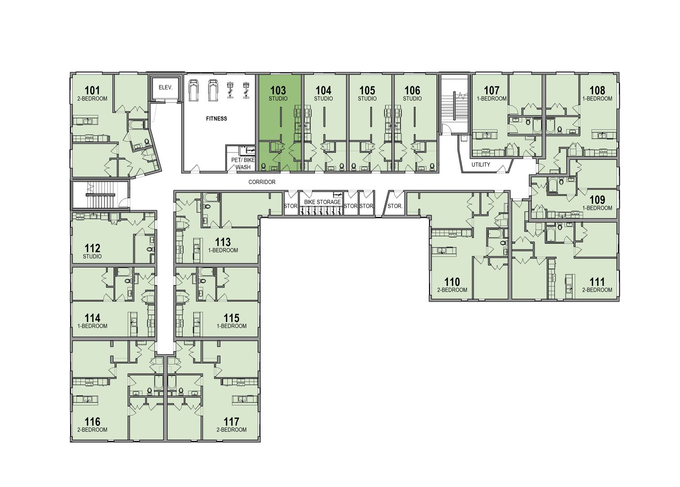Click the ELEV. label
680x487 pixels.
pos(163,87)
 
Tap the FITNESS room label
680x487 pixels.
pos(216,119)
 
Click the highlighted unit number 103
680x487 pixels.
pos(278,90)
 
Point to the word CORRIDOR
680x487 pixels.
pos(262,182)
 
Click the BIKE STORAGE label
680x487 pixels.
pos(322,202)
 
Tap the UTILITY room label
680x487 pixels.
pos(480,165)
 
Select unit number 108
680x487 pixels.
pos(597,90)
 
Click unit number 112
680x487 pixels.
pos(92,248)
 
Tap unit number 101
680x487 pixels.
pos(92,90)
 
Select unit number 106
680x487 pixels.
pos(412,90)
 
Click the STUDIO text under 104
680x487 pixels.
pos(323,99)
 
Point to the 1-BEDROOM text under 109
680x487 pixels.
pos(597,208)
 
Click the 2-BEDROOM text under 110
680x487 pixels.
pos(452,290)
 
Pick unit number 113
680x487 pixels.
pos(223,242)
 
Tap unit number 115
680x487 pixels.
pos(231,318)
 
